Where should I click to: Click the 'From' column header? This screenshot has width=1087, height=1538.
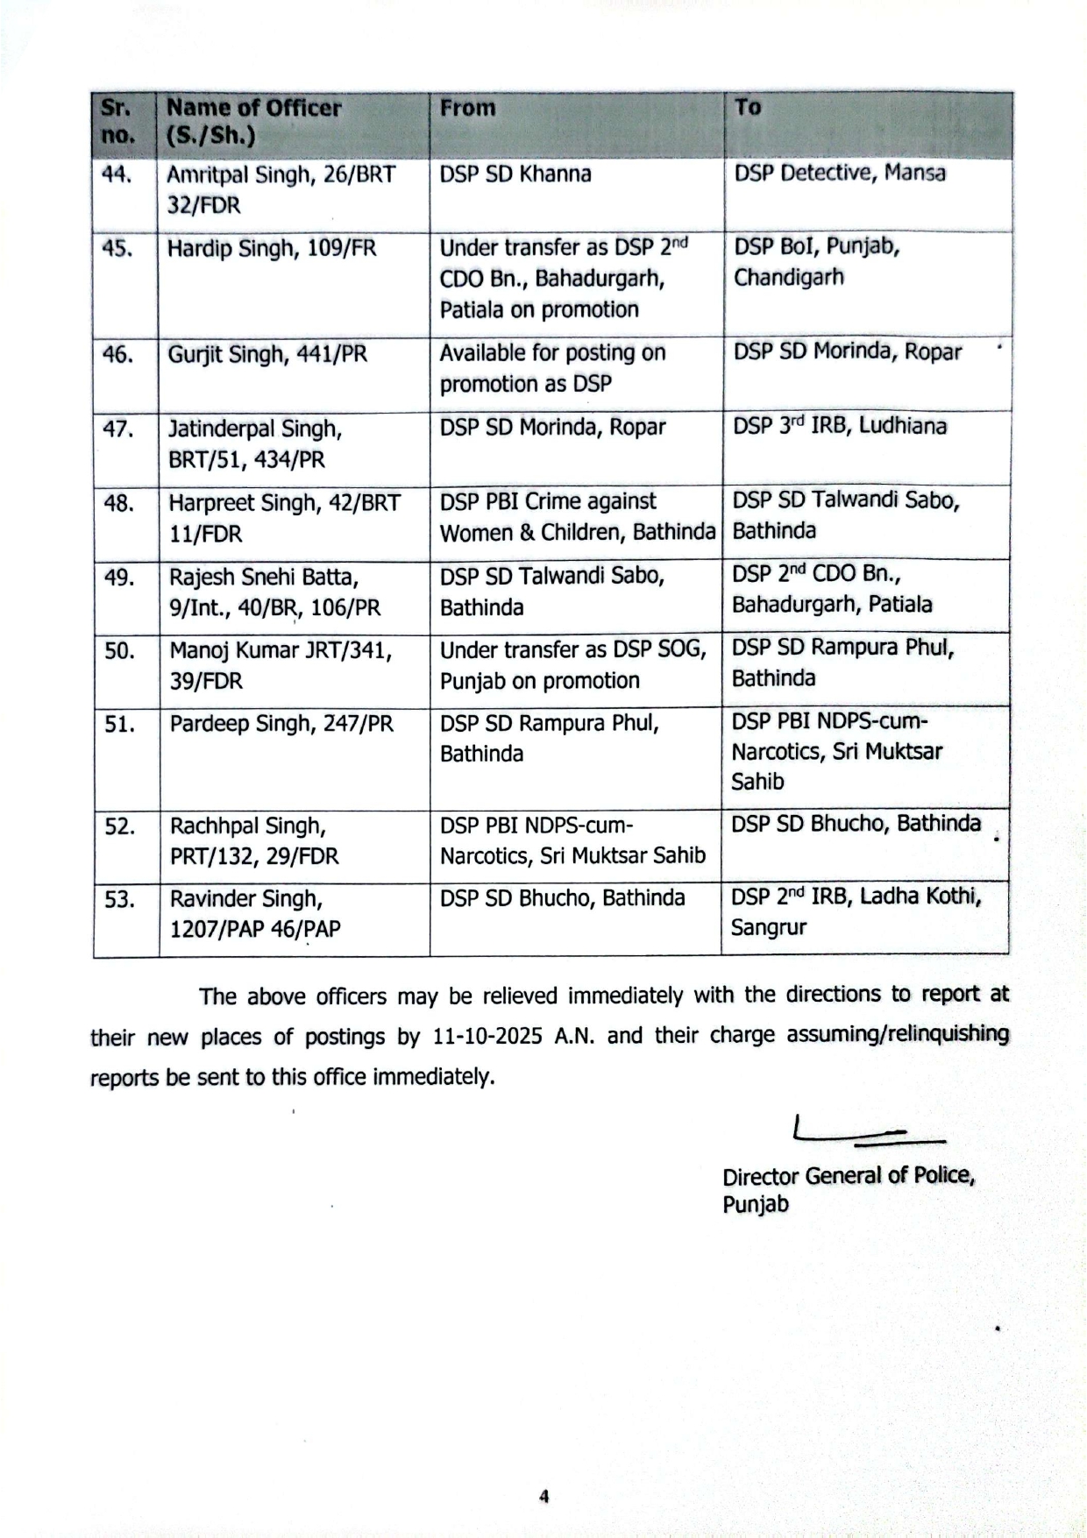click(x=467, y=108)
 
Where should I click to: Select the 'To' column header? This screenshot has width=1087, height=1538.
click(x=747, y=107)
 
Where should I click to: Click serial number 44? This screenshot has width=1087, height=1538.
click(x=117, y=174)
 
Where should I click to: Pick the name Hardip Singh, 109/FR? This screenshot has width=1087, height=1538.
click(x=272, y=248)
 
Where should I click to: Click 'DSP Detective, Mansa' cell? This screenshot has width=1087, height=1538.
click(x=839, y=173)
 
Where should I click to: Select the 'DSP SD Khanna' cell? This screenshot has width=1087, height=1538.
click(x=515, y=174)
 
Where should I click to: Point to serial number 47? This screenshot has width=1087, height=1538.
click(x=117, y=429)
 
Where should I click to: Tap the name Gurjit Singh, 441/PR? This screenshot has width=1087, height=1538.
click(x=267, y=354)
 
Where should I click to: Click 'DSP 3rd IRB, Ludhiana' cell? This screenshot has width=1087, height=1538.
click(x=839, y=427)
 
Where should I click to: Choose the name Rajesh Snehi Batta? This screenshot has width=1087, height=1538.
click(x=264, y=578)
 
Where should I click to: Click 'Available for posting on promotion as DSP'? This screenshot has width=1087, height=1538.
click(x=552, y=368)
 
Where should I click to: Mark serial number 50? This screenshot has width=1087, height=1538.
click(x=118, y=651)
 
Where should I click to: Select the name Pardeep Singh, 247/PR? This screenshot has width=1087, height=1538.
click(x=281, y=724)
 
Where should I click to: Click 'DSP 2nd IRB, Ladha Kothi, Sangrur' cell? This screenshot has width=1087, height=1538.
click(x=855, y=911)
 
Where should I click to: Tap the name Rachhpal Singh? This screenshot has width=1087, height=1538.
click(x=248, y=826)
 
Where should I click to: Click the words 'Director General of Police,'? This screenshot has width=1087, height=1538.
click(x=848, y=1175)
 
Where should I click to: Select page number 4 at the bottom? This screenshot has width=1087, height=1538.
click(x=543, y=1497)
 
